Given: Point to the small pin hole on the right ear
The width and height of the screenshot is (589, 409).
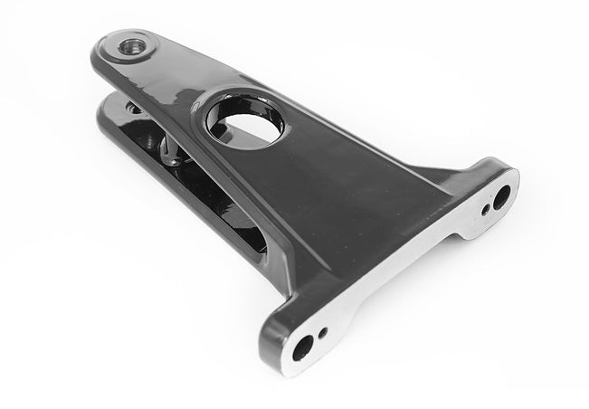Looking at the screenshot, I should (x=487, y=210).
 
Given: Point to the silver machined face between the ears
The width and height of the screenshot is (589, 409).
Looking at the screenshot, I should (x=398, y=271).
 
